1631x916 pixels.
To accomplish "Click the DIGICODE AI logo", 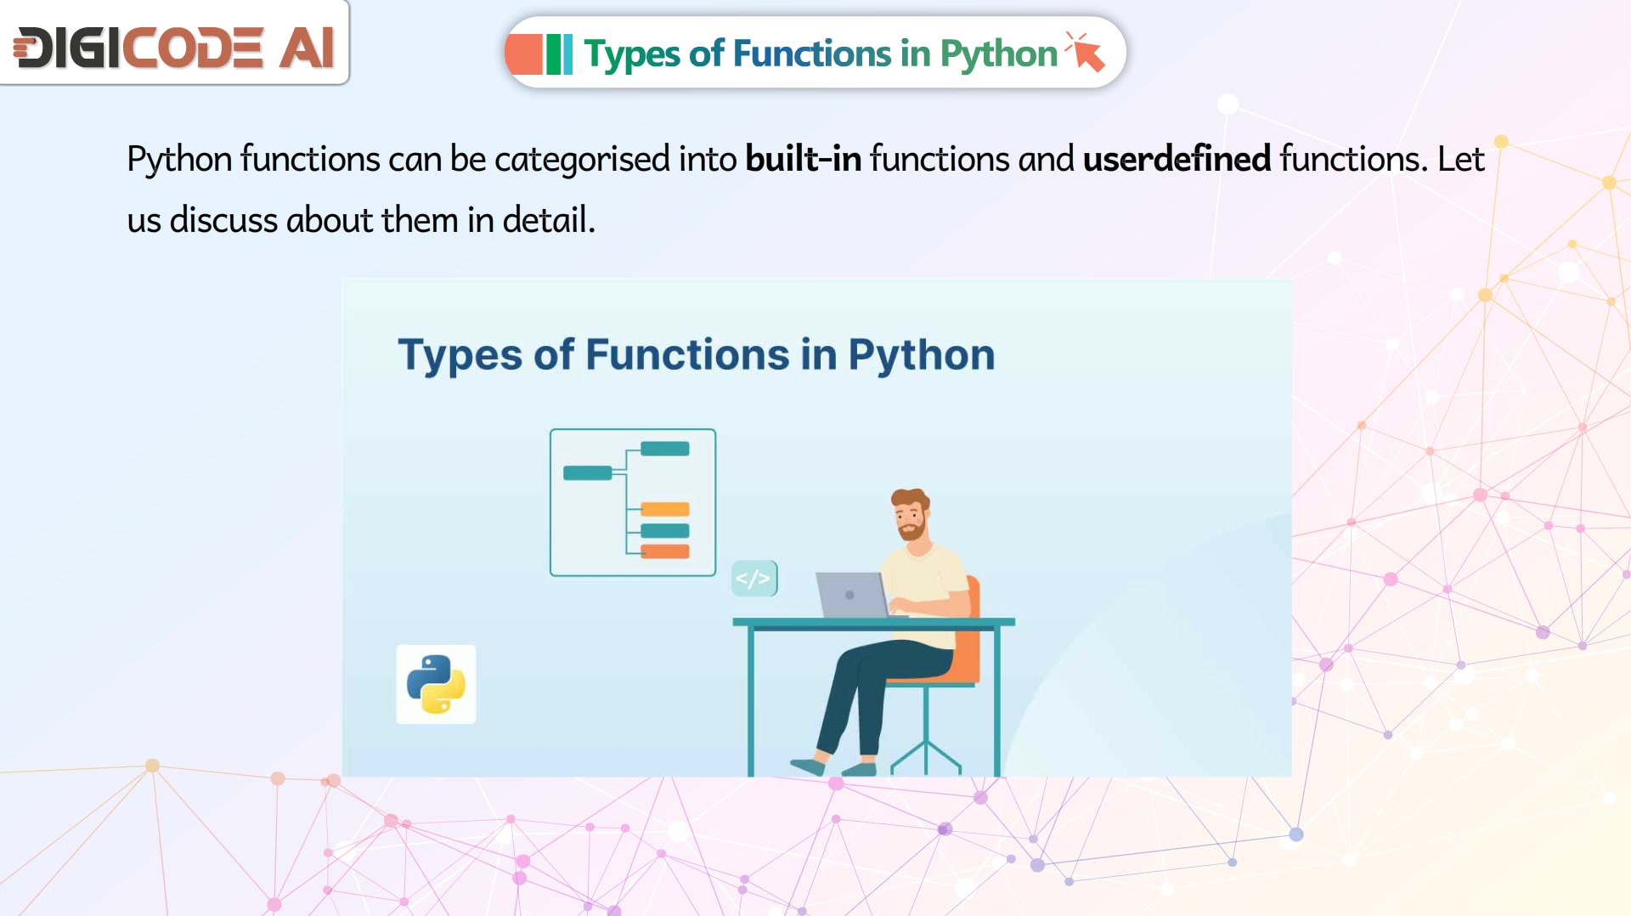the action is pos(174,47).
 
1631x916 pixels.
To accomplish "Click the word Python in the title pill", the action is pos(998,54).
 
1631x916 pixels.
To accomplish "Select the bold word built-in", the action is pos(803,159).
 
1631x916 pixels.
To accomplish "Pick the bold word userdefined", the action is pos(1177,159).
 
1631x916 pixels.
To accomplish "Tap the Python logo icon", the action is pos(436,684).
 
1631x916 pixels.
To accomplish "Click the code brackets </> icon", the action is pos(754,579).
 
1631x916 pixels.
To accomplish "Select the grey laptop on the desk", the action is pos(852,595).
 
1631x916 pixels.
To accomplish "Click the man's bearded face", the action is pos(910,517).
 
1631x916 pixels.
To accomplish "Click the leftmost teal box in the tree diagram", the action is pos(587,473).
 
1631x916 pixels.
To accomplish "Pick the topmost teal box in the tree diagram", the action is pos(664,449).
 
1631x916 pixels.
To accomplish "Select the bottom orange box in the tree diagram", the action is pos(664,551).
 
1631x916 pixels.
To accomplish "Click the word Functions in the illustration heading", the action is pos(687,354).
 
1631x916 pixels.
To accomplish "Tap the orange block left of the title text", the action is pos(524,54).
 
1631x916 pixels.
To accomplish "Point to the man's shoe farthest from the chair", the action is pos(806,766).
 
